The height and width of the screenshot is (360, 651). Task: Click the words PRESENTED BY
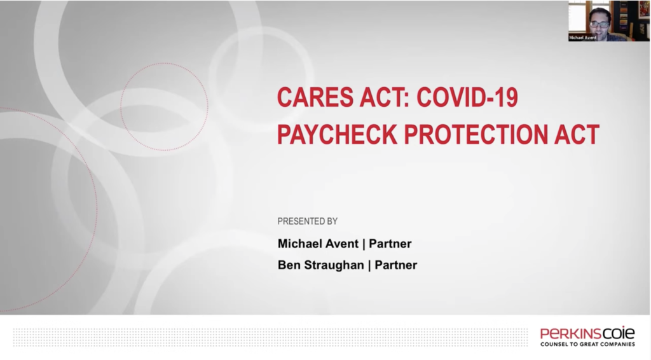click(307, 221)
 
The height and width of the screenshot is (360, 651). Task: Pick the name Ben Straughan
click(320, 265)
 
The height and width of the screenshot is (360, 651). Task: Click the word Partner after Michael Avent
click(390, 244)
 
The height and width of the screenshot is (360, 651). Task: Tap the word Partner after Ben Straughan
click(396, 265)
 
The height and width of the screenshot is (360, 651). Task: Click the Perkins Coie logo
click(587, 333)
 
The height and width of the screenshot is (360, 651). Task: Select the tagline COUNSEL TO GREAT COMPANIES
click(587, 344)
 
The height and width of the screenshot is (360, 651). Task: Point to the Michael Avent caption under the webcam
click(584, 38)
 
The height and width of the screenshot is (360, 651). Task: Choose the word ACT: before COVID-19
click(374, 99)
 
